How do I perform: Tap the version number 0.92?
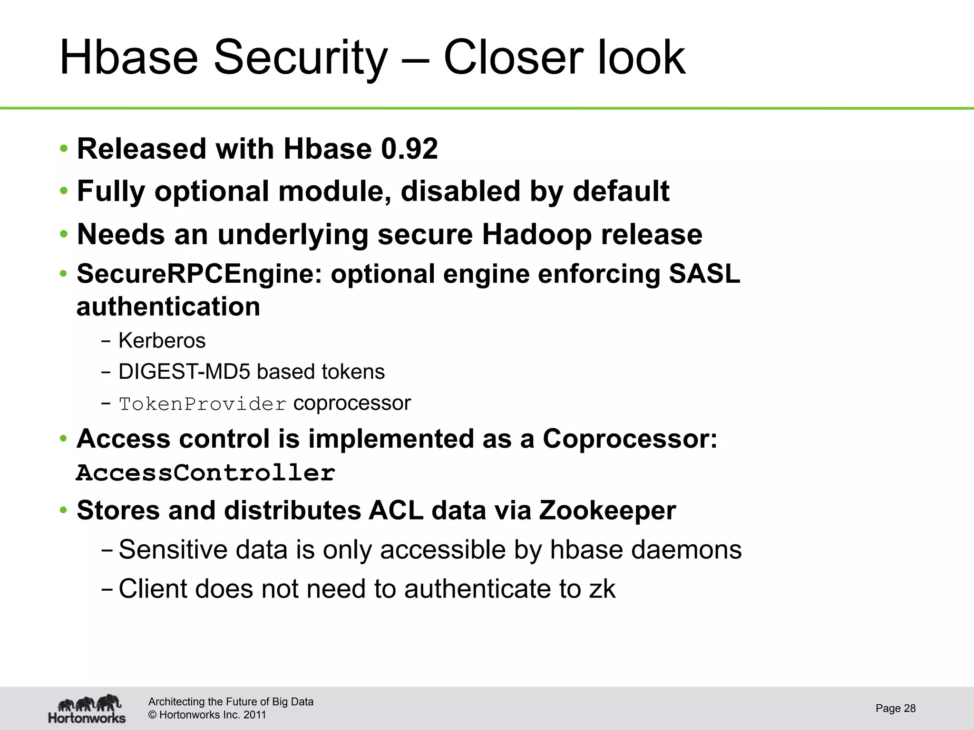pos(409,149)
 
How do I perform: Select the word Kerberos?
pos(162,341)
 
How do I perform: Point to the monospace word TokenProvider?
pos(203,404)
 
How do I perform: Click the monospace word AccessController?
pos(206,473)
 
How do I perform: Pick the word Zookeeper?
pos(607,510)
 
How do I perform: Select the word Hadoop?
pos(537,234)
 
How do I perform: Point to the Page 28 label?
pos(896,709)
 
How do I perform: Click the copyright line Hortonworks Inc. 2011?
pos(207,715)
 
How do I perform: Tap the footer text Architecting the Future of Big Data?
pos(231,702)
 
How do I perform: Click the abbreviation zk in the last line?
pos(602,589)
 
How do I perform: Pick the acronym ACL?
pos(396,510)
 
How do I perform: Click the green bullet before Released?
pos(64,149)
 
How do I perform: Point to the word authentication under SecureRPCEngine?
pos(168,307)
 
